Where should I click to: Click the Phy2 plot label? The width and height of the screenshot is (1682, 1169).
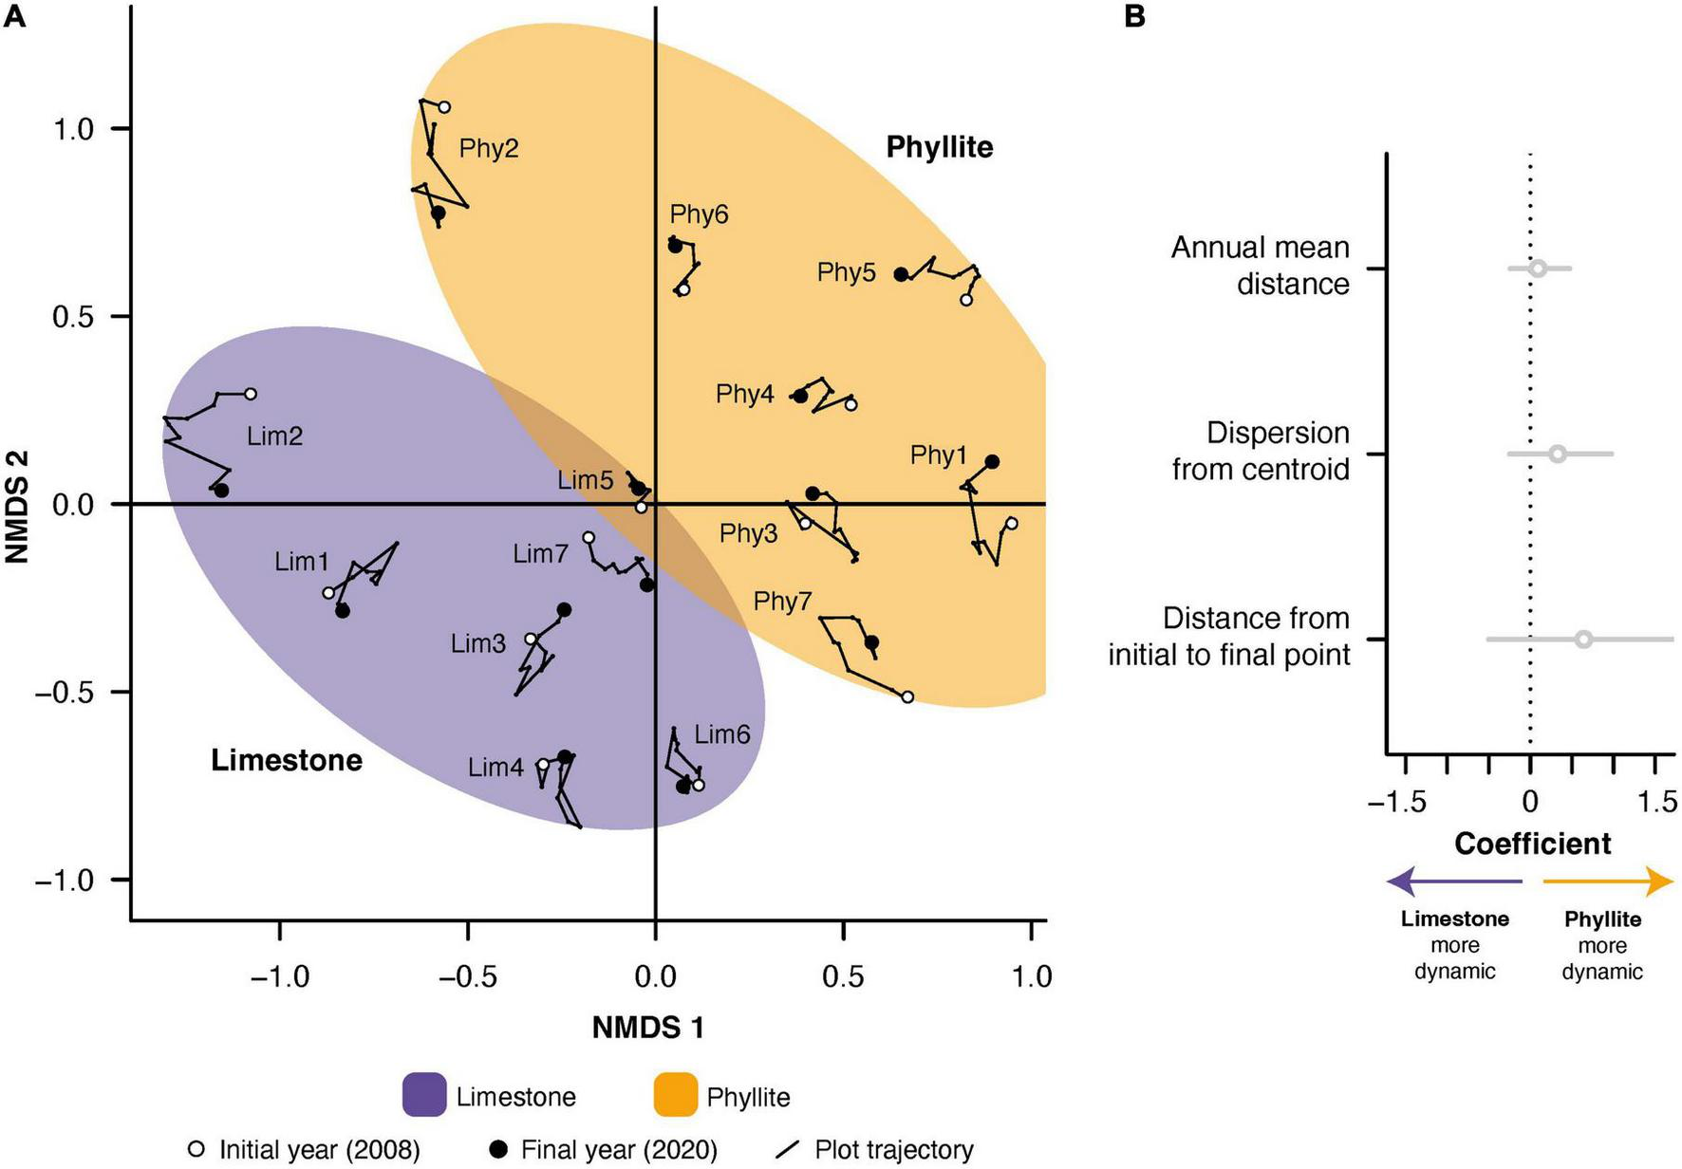[x=489, y=149]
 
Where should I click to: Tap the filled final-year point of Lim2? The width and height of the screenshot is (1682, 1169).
[x=221, y=491]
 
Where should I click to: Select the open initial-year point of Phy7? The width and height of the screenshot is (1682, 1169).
[x=907, y=697]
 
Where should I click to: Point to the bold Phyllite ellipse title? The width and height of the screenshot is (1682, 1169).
[x=939, y=147]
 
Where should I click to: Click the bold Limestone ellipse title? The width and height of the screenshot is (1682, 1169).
[x=287, y=760]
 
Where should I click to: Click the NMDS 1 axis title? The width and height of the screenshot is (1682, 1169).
[x=648, y=1028]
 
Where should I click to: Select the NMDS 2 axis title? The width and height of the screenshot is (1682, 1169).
[x=16, y=506]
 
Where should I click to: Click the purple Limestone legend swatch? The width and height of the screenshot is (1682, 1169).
[x=424, y=1095]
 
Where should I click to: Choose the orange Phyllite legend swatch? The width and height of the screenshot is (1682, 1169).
[x=676, y=1095]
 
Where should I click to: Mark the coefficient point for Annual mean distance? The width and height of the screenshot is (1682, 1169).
[x=1538, y=269]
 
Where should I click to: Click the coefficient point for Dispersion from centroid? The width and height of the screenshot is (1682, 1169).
[x=1558, y=455]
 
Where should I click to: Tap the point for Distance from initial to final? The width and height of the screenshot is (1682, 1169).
[x=1583, y=640]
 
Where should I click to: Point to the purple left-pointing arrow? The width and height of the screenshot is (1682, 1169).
[x=1452, y=881]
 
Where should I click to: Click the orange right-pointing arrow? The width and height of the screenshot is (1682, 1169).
[x=1608, y=881]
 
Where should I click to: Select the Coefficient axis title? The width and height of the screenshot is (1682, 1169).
[x=1532, y=844]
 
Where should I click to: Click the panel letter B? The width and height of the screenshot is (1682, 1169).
[x=1134, y=16]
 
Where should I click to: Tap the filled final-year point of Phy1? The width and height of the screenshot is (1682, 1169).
[x=992, y=462]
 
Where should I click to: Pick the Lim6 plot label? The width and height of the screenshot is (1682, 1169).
[x=722, y=734]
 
